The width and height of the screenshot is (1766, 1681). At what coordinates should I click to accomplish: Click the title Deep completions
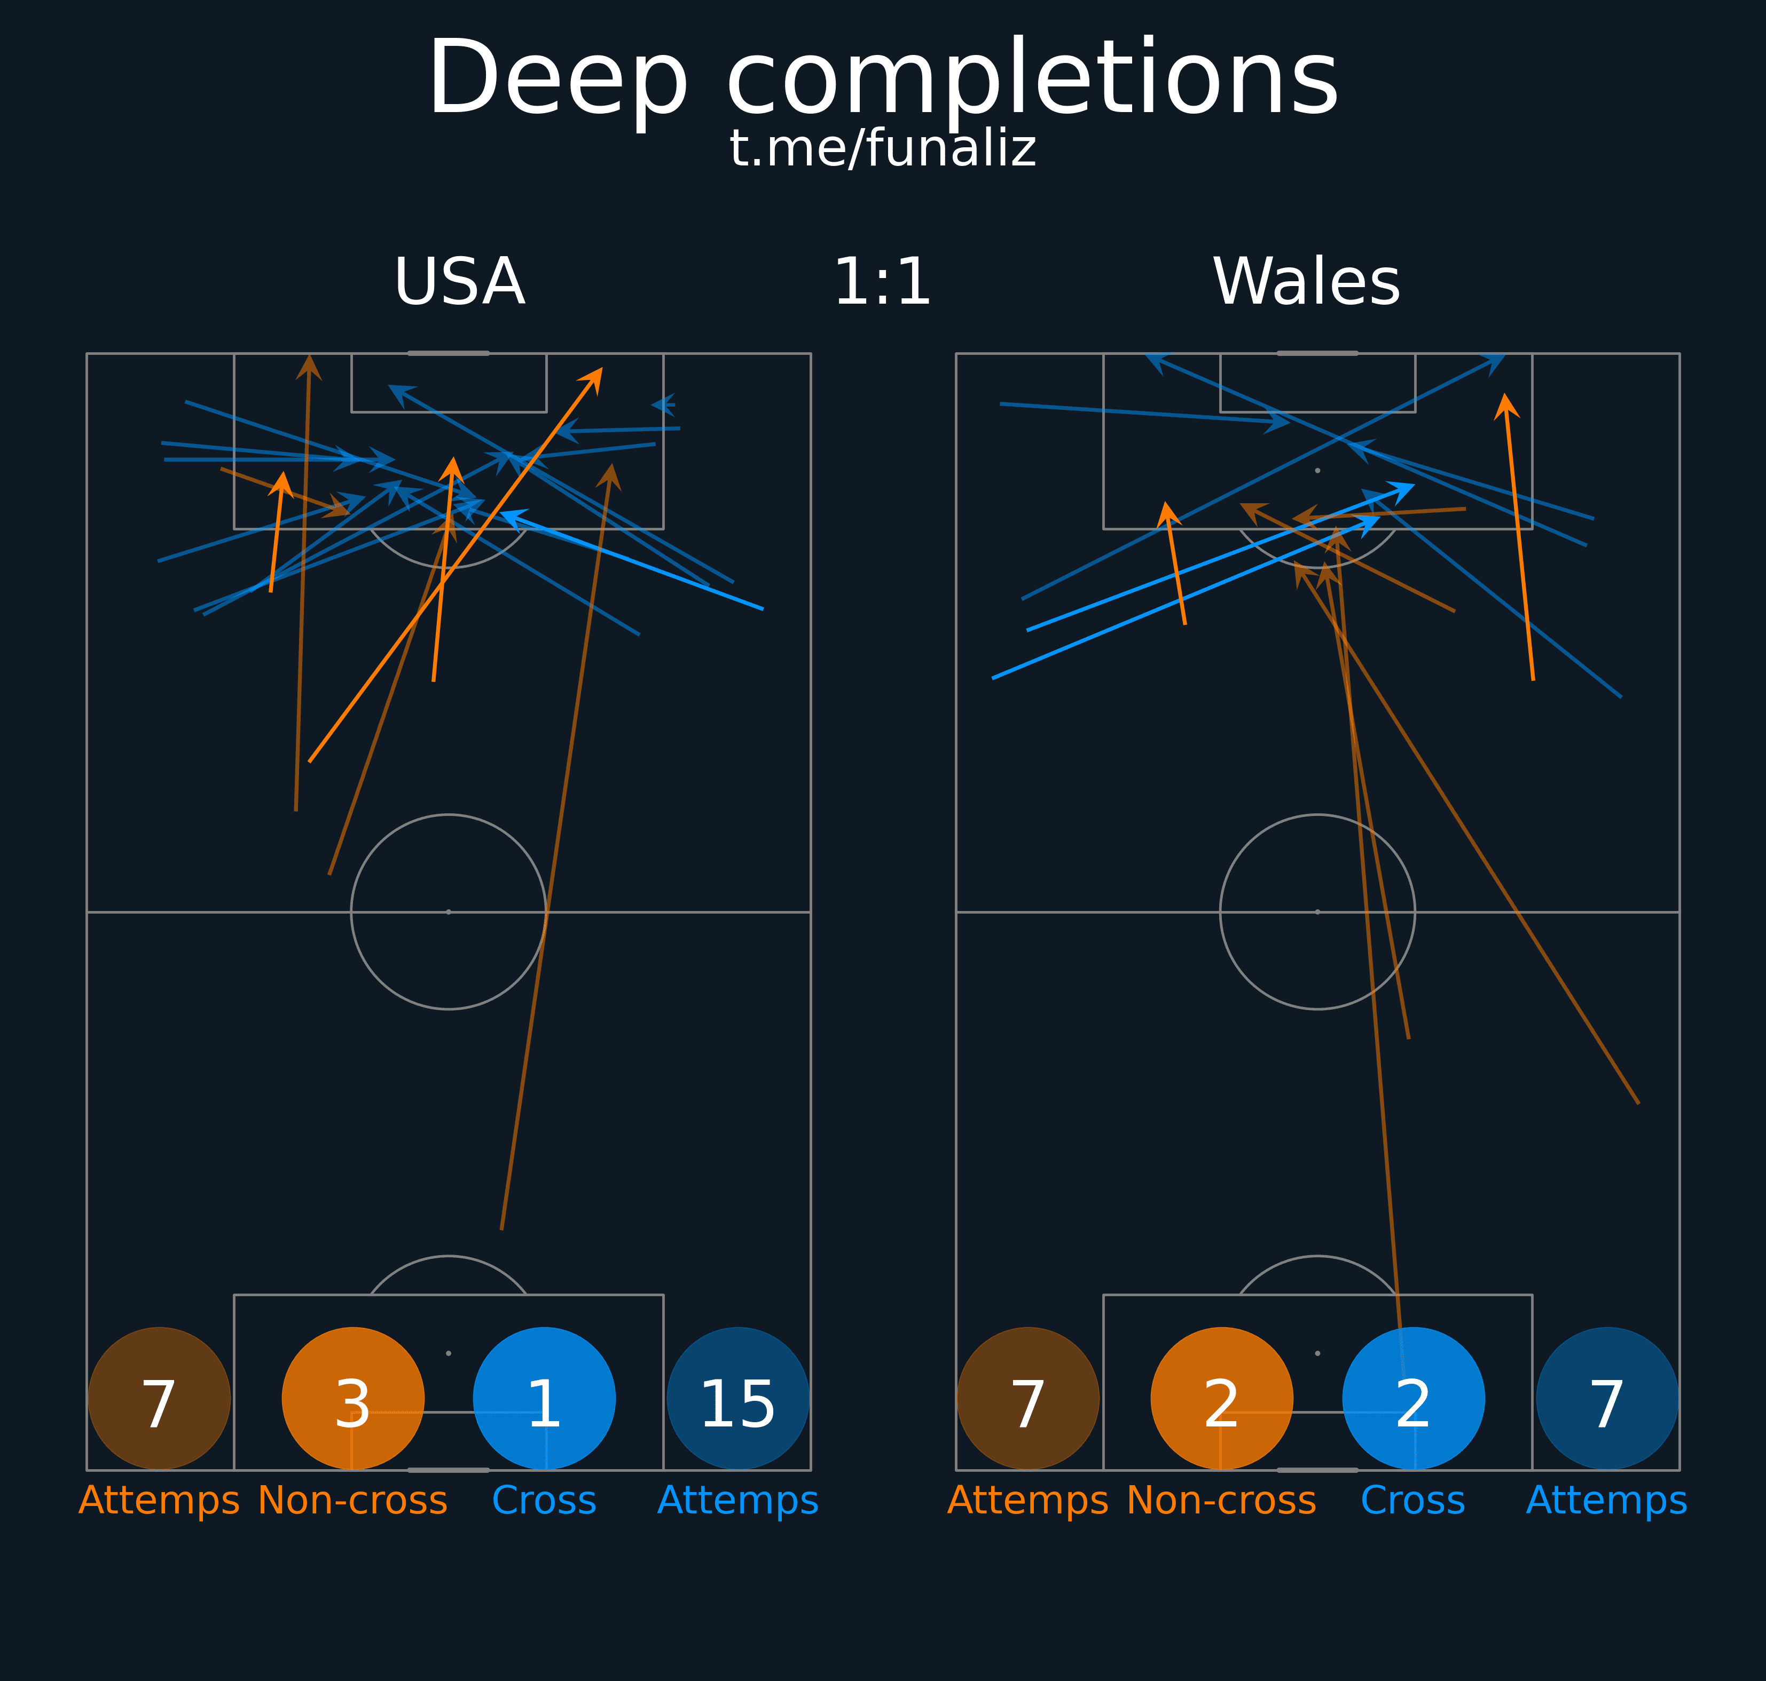pos(883,79)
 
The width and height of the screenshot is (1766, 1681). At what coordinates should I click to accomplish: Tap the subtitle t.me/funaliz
pos(883,149)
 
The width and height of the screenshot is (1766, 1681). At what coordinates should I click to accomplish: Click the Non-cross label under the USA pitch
pos(353,1500)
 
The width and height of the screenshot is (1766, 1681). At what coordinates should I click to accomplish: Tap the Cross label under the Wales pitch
pos(1413,1500)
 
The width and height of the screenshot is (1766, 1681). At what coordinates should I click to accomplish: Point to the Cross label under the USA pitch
pos(544,1500)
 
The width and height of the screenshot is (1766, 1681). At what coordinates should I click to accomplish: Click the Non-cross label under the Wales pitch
pos(1222,1500)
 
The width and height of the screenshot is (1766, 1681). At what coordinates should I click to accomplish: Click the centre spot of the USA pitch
pos(448,912)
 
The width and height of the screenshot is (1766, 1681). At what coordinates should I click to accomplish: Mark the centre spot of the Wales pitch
pos(1318,912)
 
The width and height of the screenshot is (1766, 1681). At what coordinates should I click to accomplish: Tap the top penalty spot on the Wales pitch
pos(1318,471)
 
